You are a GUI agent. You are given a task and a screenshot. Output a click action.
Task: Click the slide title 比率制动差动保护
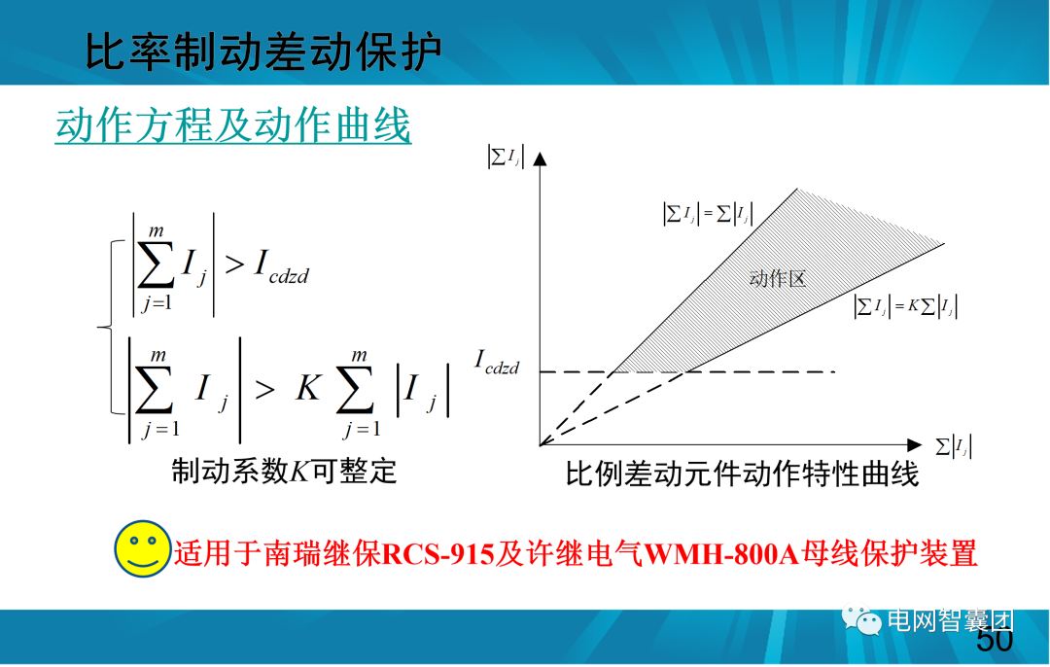click(263, 52)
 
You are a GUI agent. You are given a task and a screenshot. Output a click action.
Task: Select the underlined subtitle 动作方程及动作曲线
click(233, 126)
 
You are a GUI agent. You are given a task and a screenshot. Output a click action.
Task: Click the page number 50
click(994, 641)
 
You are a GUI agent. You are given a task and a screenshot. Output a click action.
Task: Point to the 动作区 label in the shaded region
click(778, 279)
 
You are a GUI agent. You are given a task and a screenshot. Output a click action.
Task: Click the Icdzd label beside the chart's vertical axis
click(497, 364)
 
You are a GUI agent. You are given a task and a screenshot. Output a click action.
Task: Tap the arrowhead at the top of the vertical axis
click(540, 157)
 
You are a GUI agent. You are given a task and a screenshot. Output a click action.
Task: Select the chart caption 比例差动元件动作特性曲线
click(743, 474)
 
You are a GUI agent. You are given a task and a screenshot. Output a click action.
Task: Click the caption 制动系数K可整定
click(285, 472)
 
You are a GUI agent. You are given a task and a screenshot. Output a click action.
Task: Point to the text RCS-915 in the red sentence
click(438, 554)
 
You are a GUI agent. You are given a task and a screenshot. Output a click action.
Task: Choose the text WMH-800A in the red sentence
click(721, 554)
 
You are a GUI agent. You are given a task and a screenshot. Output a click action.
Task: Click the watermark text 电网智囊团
click(949, 620)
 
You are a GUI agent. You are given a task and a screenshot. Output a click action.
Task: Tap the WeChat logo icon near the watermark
click(862, 619)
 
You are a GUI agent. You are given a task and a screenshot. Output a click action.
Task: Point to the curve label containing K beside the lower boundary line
click(905, 307)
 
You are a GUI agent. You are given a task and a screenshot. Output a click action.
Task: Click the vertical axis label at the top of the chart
click(506, 157)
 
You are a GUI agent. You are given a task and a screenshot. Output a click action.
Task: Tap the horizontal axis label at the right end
click(954, 447)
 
